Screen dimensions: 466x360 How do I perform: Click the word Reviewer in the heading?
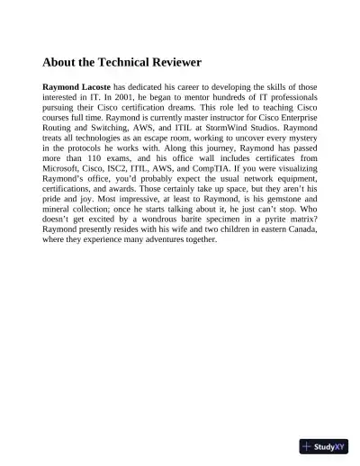[x=171, y=63]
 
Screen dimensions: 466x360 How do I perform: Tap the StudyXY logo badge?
[x=324, y=446]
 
